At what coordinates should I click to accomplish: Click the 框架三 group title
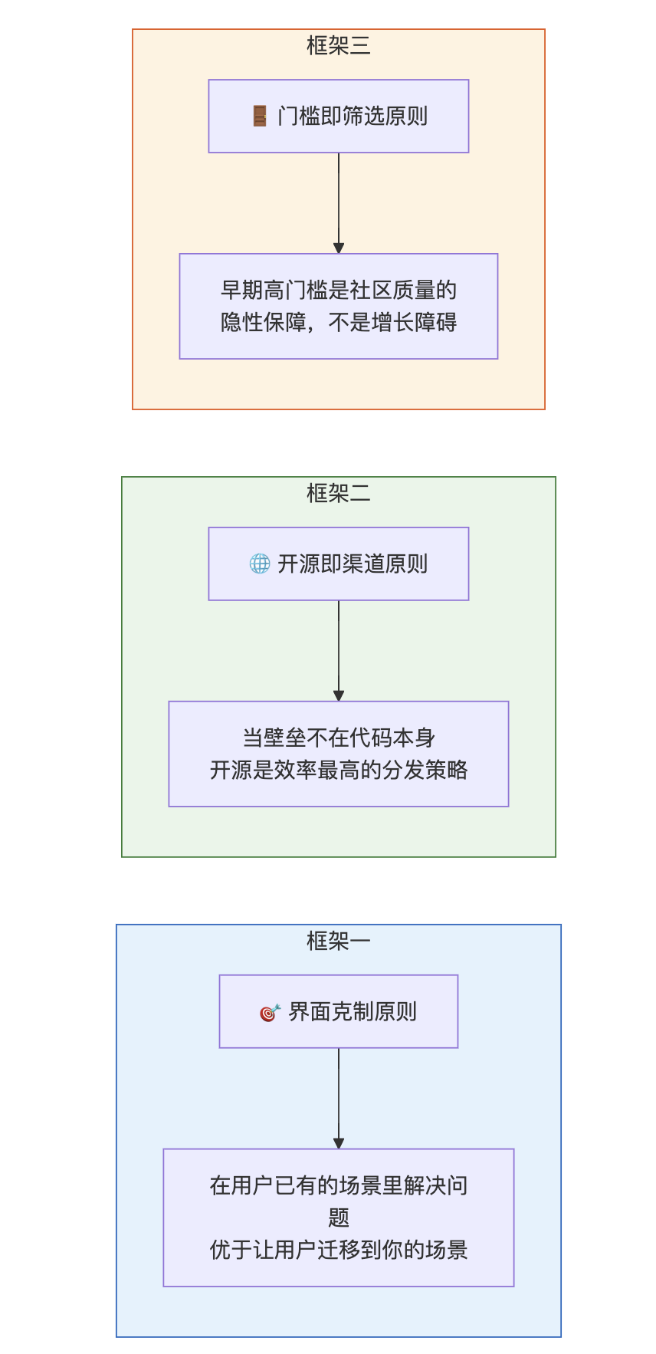coord(338,46)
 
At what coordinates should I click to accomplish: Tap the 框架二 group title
coord(338,493)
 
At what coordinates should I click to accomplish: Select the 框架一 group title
coord(338,941)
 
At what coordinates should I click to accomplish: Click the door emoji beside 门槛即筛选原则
coord(260,117)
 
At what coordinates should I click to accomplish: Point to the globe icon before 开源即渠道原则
coord(260,564)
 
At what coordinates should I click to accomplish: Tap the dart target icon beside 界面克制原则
coord(270,1013)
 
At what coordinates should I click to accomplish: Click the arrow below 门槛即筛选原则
coord(339,202)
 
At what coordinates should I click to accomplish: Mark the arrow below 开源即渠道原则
coord(339,650)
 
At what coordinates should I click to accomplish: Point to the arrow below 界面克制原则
coord(339,1098)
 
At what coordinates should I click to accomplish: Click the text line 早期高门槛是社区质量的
coord(339,291)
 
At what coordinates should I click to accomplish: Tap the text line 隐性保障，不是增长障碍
coord(339,323)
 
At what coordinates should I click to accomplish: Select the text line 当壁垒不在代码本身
coord(339,738)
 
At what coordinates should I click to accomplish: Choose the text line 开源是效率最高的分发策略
coord(339,771)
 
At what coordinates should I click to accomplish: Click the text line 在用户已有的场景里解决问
coord(339,1186)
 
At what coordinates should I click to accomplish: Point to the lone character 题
coord(339,1218)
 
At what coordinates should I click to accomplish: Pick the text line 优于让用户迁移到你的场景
coord(339,1250)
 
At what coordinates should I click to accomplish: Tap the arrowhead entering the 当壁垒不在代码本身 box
coord(339,696)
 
